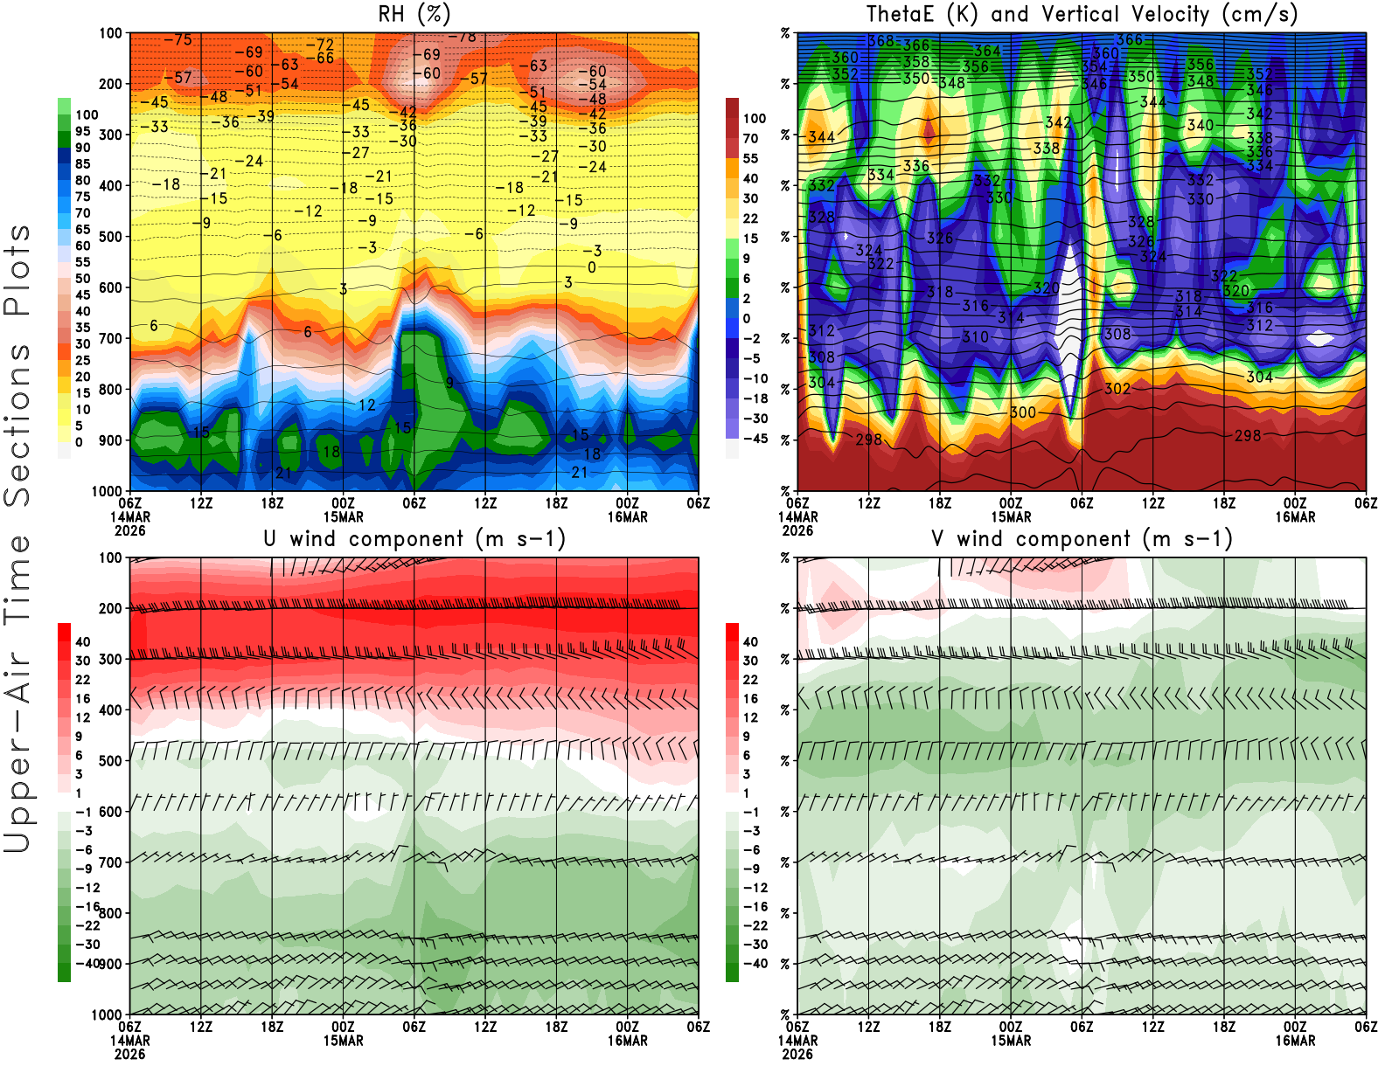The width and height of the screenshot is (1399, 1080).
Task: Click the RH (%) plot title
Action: point(414,14)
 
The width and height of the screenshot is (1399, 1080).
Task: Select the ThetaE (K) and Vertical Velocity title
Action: point(1082,14)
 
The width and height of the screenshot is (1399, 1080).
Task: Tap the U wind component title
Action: point(414,538)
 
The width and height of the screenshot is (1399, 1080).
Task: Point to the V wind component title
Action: point(1082,538)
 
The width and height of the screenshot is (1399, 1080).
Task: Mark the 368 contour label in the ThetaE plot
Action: point(881,41)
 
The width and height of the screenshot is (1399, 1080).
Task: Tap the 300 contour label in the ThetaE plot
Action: point(1023,412)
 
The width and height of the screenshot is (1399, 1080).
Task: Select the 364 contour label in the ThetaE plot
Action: point(987,51)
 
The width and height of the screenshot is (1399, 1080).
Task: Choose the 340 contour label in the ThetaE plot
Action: point(1201,125)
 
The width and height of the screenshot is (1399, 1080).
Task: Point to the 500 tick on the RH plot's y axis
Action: point(111,236)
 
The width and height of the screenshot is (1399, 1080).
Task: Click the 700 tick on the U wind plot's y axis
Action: point(111,862)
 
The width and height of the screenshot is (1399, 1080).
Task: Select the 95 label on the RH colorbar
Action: point(82,131)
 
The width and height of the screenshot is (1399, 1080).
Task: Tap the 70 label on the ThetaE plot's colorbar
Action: point(750,138)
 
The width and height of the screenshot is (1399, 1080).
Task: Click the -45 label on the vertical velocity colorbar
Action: point(755,439)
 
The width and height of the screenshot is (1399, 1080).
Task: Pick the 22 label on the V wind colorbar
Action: point(750,680)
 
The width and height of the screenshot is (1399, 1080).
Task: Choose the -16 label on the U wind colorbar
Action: point(87,907)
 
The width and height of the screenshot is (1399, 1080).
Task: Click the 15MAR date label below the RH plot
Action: point(343,516)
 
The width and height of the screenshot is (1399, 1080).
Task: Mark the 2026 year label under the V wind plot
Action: point(797,1054)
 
